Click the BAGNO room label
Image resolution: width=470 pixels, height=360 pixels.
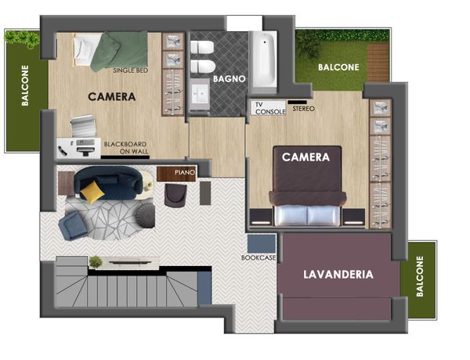[x=230, y=79]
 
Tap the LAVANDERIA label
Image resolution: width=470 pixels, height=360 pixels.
[x=338, y=275]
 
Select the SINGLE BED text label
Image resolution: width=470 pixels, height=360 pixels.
[x=130, y=70]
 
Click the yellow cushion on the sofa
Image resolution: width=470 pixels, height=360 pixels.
[x=92, y=193]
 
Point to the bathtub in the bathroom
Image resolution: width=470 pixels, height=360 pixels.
[x=264, y=59]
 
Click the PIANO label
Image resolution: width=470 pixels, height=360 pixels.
[x=185, y=172]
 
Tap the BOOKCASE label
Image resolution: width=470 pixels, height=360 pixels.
[x=258, y=257]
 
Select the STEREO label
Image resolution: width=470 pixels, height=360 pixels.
[x=304, y=109]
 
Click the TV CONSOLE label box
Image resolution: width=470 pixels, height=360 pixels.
[x=268, y=108]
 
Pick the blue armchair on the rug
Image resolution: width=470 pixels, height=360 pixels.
[x=73, y=225]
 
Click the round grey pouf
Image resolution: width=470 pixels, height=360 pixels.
[x=146, y=215]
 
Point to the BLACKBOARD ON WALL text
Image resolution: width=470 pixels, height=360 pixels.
[x=126, y=148]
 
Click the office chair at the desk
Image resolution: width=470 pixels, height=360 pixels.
[x=83, y=125]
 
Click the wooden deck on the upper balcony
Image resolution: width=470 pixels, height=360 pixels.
[x=378, y=63]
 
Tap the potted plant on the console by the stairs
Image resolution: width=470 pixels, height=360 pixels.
[x=96, y=261]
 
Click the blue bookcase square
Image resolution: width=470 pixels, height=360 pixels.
[x=262, y=244]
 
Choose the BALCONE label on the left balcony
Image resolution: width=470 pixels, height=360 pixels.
[x=25, y=85]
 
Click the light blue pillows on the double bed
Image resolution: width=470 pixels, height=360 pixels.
[x=307, y=215]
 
